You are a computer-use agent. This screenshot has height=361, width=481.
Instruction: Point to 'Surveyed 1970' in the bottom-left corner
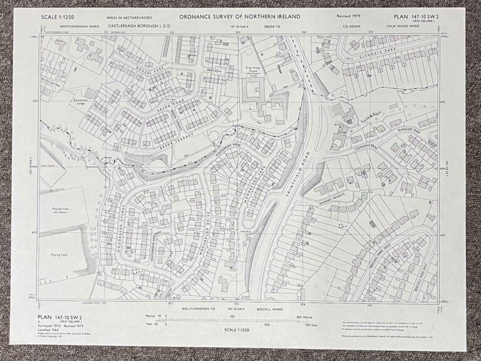click(x=51, y=327)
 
